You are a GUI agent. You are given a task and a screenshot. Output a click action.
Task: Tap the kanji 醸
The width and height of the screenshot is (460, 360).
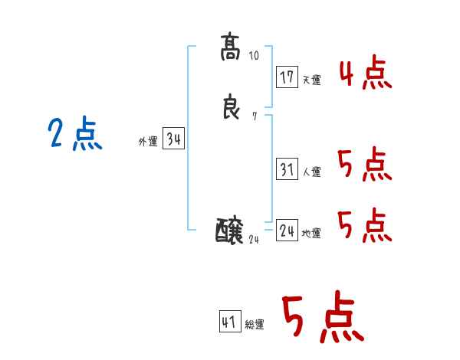[x=230, y=230]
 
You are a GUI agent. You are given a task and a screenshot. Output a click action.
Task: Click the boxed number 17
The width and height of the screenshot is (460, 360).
[x=287, y=77]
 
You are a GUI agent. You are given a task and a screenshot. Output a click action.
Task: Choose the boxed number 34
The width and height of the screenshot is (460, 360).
[x=174, y=139]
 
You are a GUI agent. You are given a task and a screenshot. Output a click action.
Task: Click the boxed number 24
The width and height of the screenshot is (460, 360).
[x=287, y=231]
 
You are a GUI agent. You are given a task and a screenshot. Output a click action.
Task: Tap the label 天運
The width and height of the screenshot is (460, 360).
[x=311, y=80]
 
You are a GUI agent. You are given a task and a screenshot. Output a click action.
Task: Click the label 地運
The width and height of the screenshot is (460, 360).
[x=311, y=233]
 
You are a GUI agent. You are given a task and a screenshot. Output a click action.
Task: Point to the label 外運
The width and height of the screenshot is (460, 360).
[x=148, y=142]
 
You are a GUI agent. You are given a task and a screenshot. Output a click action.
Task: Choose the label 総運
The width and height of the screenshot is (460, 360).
[x=255, y=325]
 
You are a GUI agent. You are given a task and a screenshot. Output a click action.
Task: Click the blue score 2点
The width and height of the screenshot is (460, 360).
[x=75, y=135]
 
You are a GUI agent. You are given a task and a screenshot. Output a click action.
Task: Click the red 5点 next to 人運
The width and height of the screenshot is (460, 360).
[x=364, y=164]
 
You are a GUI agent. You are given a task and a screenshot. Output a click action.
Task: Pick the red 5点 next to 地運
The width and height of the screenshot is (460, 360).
[x=364, y=224]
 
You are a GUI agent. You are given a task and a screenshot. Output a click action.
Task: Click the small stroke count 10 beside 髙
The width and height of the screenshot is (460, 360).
[x=255, y=55]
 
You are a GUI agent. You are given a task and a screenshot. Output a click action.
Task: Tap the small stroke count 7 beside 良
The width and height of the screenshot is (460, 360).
[x=254, y=116]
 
